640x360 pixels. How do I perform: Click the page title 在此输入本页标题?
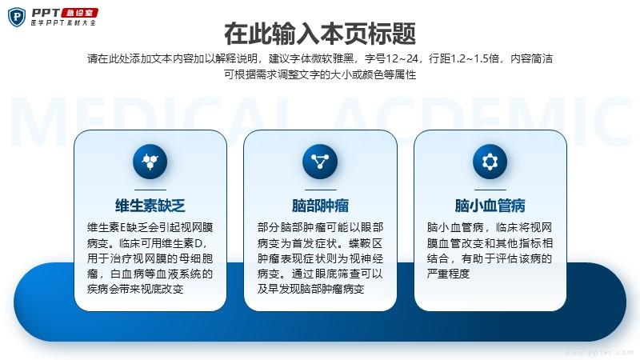coord(320,34)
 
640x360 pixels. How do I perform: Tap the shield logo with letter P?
coord(17,17)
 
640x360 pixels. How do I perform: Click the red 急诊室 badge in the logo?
coord(79,13)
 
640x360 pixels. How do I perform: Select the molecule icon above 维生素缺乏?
coord(150,162)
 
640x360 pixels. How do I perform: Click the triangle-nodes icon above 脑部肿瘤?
coord(320,162)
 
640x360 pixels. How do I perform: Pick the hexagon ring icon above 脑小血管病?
coord(490,162)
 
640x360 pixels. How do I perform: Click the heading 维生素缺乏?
coord(150,206)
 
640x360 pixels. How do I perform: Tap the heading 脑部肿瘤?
coord(320,206)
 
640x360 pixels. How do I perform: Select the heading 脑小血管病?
coord(490,206)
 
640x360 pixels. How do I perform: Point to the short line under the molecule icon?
coord(150,190)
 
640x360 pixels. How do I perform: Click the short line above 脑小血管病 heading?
coord(490,190)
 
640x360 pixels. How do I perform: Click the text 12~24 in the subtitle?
coord(402,58)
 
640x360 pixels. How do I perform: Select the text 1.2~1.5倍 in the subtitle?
coord(474,58)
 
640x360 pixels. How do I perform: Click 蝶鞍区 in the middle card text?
coord(366,243)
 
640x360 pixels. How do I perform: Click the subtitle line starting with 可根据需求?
coord(320,74)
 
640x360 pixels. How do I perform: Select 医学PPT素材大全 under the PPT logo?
coord(63,22)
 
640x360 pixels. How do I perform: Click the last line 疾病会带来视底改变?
coord(135,289)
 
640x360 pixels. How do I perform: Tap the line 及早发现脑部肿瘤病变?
coord(310,289)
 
